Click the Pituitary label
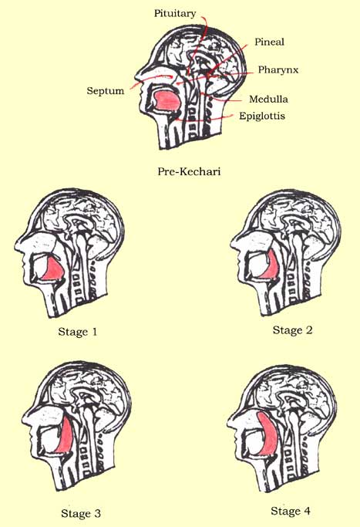tap(175, 13)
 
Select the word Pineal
tap(269, 42)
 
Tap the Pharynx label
tap(278, 70)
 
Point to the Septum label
tap(106, 91)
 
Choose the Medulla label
tap(268, 99)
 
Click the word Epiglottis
tap(262, 117)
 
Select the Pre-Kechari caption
tap(189, 171)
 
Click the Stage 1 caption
tap(78, 332)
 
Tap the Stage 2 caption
tap(292, 330)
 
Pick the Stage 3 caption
tap(81, 514)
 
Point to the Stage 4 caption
tap(291, 512)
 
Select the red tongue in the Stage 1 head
tap(53, 269)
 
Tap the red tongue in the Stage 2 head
tap(273, 266)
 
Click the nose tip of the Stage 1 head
tap(15, 248)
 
